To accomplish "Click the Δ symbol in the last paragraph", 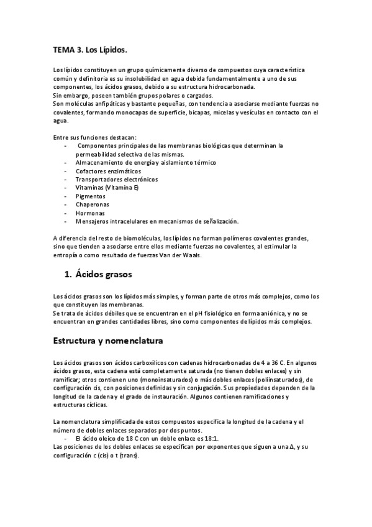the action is [292, 447].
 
